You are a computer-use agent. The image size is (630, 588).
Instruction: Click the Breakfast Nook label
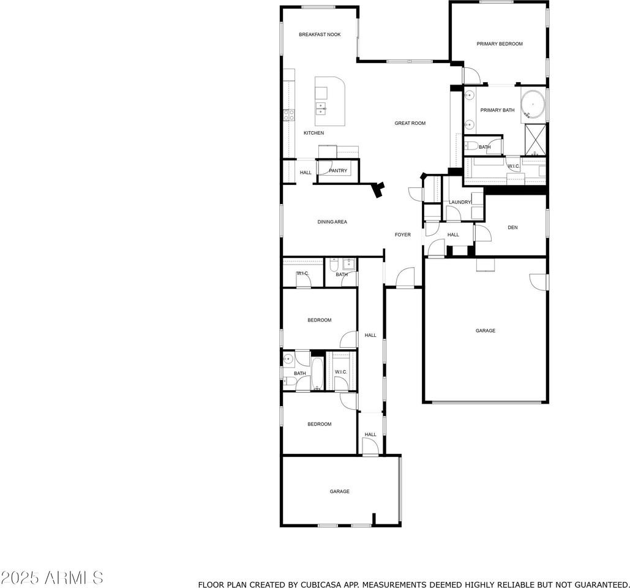tap(320, 35)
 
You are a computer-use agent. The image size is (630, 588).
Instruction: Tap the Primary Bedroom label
tap(500, 44)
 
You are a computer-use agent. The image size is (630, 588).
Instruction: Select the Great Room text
tap(410, 123)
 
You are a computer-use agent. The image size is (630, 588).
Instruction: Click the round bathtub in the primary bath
tap(533, 104)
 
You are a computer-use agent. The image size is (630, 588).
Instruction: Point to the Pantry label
tap(338, 171)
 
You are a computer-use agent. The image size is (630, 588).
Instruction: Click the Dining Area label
tap(332, 222)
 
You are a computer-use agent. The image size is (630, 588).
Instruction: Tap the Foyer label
tap(402, 235)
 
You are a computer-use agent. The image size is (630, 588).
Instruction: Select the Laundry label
tap(460, 202)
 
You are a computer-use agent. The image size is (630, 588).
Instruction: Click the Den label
tap(512, 228)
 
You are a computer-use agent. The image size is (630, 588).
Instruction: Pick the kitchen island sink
tap(321, 108)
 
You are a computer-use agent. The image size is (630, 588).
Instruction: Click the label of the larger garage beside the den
tap(486, 331)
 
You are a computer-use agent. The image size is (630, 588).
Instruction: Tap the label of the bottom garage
tap(340, 491)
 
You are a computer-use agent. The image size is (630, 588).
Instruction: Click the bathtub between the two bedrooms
tap(317, 372)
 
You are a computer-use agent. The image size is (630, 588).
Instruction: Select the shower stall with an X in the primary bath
tap(536, 139)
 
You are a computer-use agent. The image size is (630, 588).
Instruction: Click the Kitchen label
tap(313, 133)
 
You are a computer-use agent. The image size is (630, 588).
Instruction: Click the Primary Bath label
tap(497, 110)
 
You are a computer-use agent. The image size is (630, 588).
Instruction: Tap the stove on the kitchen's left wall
tap(288, 115)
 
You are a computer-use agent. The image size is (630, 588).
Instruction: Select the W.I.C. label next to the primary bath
tap(513, 166)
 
